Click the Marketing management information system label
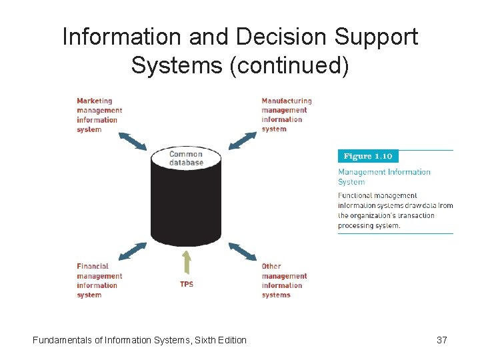pos(99,115)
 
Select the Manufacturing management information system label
pos(287,115)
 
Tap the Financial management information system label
pos(99,281)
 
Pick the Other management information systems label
pos(284,281)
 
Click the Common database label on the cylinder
pos(186,158)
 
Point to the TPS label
pos(187,284)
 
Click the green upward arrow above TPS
pos(187,263)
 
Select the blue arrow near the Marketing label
pos(132,141)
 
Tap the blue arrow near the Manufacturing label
pos(242,141)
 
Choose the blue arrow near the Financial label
pos(132,251)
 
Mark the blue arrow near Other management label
pos(242,251)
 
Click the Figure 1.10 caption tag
pos(367,157)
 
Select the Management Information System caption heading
pos(384,177)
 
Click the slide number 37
pos(441,340)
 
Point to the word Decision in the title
pos(264,37)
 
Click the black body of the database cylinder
pos(186,207)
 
